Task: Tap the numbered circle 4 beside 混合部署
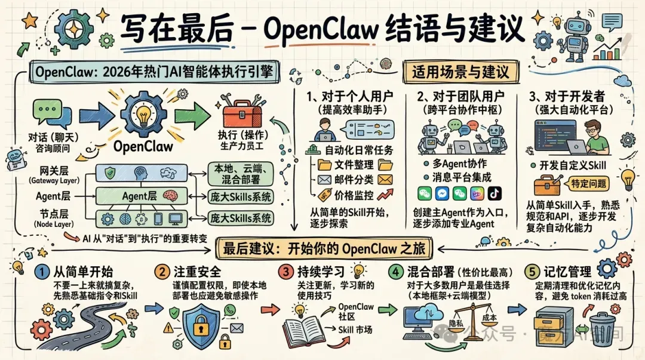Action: (x=394, y=272)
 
